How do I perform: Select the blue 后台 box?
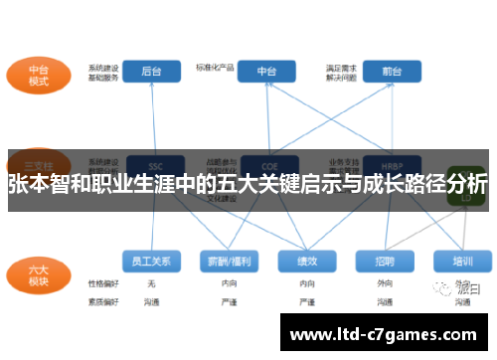click(x=151, y=72)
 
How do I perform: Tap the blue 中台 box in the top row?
click(x=266, y=72)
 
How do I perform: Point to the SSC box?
click(x=154, y=165)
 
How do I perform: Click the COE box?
click(x=266, y=165)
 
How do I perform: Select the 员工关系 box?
click(x=151, y=261)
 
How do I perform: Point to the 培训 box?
click(x=461, y=261)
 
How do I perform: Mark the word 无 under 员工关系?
click(x=151, y=283)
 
